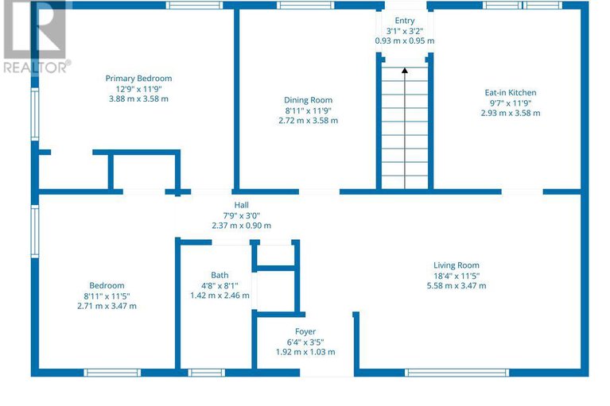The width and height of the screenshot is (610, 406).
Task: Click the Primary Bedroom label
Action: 138,79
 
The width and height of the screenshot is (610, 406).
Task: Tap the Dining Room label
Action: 308,100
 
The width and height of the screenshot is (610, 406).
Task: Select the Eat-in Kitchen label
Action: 511,92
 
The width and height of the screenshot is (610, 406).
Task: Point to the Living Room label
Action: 457,265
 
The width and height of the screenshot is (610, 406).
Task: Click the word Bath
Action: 220,275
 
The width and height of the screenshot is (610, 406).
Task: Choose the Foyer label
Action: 305,332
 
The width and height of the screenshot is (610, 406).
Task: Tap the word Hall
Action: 241,205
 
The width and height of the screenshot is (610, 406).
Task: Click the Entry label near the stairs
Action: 405,21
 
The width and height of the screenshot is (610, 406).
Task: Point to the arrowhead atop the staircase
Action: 405,71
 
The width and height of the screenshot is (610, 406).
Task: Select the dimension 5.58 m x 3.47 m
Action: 457,285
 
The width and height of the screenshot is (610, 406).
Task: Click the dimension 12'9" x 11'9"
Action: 138,88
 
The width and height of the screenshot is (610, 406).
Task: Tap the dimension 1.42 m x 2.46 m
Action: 220,296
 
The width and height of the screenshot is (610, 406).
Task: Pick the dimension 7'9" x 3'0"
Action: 241,215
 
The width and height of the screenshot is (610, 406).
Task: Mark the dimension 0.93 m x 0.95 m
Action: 405,41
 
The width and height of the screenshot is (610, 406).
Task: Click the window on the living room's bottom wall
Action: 457,373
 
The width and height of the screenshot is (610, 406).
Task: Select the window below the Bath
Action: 207,373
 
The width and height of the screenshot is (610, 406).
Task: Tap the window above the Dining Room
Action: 305,5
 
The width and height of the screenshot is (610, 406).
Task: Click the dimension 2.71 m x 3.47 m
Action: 107,306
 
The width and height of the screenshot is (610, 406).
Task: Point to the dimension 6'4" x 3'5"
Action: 305,342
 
